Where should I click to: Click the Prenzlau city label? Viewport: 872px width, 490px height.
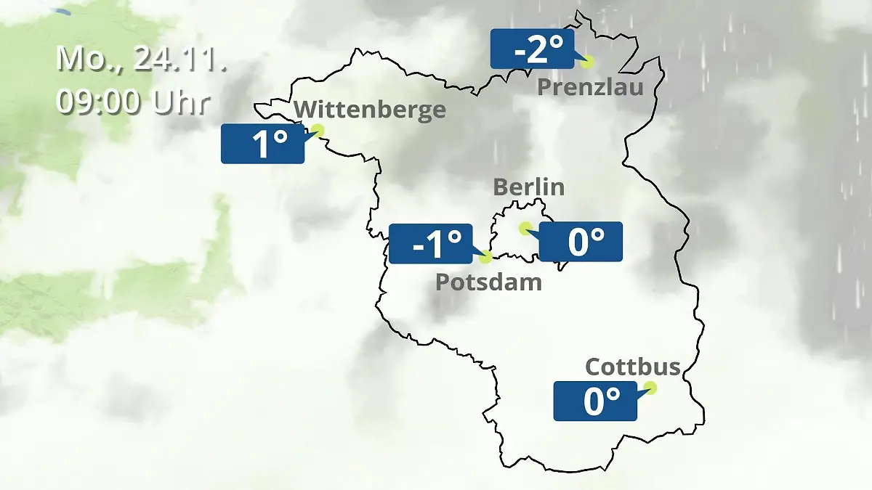pyautogui.click(x=590, y=88)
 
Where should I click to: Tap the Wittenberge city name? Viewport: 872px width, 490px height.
pyautogui.click(x=370, y=110)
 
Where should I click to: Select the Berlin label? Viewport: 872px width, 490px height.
pyautogui.click(x=528, y=187)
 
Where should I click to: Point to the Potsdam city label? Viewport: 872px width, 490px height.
pyautogui.click(x=488, y=282)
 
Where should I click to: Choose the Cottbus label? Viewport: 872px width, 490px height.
pyautogui.click(x=633, y=367)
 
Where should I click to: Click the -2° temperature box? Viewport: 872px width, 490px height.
pyautogui.click(x=532, y=49)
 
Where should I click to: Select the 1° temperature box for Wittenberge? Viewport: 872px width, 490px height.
pyautogui.click(x=262, y=144)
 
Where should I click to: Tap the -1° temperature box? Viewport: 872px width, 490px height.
pyautogui.click(x=431, y=244)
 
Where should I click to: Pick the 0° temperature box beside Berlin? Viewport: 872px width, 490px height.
pyautogui.click(x=581, y=242)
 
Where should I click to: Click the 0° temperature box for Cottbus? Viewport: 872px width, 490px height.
pyautogui.click(x=595, y=401)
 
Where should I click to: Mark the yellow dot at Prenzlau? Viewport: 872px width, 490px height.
pyautogui.click(x=587, y=62)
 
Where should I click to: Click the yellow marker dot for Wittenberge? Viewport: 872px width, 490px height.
pyautogui.click(x=317, y=131)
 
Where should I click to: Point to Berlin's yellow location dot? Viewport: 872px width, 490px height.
pyautogui.click(x=525, y=228)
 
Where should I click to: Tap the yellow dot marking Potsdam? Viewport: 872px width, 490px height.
pyautogui.click(x=486, y=256)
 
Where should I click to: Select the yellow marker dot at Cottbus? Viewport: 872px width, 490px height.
pyautogui.click(x=650, y=388)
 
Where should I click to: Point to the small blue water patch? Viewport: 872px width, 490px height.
pyautogui.click(x=62, y=11)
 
